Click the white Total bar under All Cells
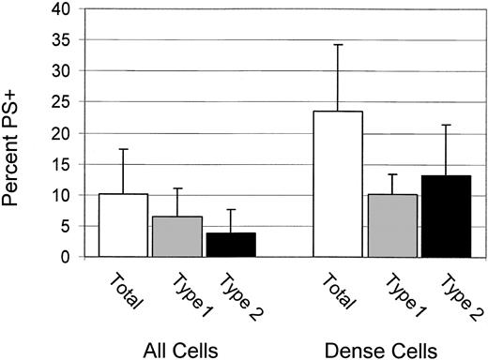click(x=123, y=226)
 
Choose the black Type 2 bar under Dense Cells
click(x=445, y=216)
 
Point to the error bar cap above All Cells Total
click(x=123, y=148)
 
